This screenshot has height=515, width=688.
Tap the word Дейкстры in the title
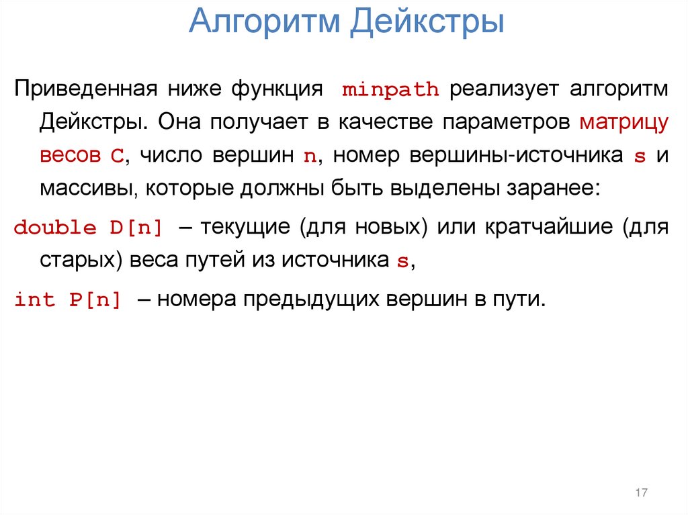pos(427,21)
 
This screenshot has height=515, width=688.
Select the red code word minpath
pos(390,90)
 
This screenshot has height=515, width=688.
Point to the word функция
pos(275,89)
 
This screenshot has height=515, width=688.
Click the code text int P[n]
pos(68,300)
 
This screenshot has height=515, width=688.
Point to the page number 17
pos(640,494)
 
